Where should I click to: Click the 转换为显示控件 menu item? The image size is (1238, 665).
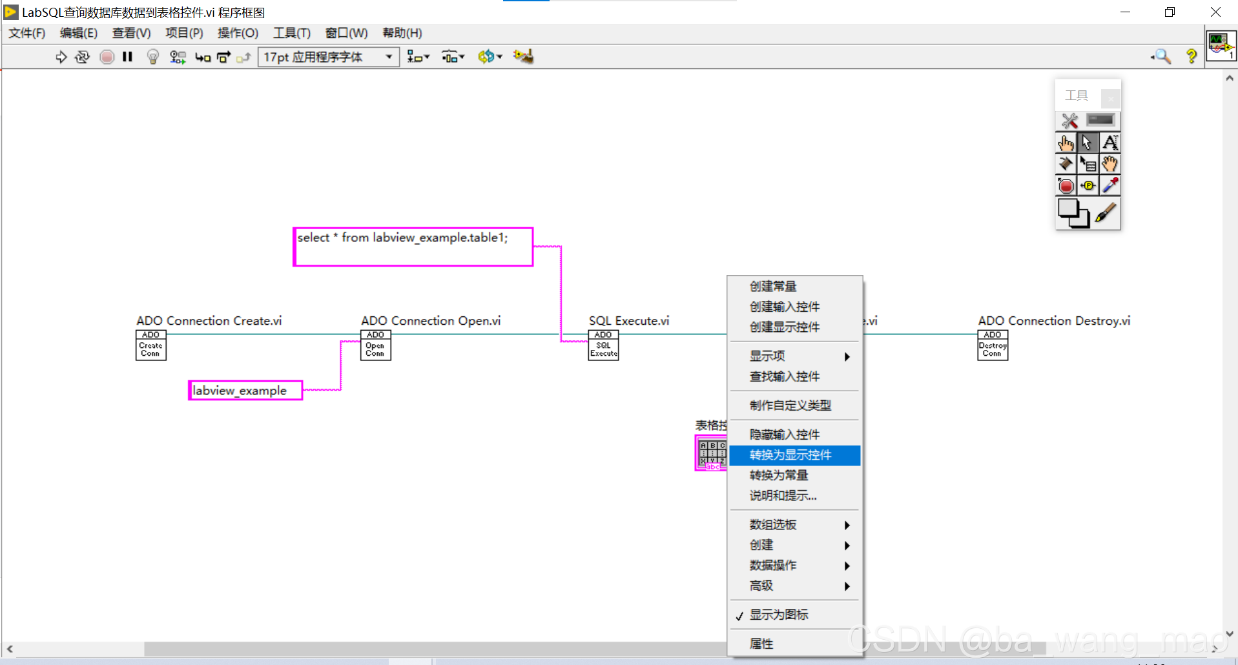(x=790, y=455)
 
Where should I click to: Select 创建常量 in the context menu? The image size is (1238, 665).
(x=772, y=286)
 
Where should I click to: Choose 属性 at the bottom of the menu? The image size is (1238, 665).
(x=761, y=643)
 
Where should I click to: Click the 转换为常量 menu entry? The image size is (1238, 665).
(x=778, y=475)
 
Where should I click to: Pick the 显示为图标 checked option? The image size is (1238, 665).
(x=778, y=615)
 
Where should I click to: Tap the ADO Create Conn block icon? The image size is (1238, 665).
(x=150, y=345)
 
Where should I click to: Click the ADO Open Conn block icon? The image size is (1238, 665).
(x=375, y=345)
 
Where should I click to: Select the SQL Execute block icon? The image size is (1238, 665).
(x=603, y=345)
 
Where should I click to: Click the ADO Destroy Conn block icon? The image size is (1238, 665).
(x=993, y=345)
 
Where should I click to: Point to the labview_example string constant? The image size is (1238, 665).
(x=245, y=391)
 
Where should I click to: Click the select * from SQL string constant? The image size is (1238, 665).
(x=413, y=247)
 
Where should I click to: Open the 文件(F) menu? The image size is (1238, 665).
(x=26, y=33)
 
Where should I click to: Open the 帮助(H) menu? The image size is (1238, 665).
(x=402, y=33)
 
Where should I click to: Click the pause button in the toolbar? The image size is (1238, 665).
(x=127, y=57)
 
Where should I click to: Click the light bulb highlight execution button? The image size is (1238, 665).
(x=152, y=57)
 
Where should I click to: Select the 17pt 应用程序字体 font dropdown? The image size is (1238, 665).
(x=328, y=57)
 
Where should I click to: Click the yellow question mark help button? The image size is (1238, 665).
(x=1191, y=57)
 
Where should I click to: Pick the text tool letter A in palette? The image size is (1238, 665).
(x=1109, y=142)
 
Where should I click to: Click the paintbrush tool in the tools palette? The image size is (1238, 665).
(x=1105, y=213)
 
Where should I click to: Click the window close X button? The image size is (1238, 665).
(x=1215, y=12)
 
